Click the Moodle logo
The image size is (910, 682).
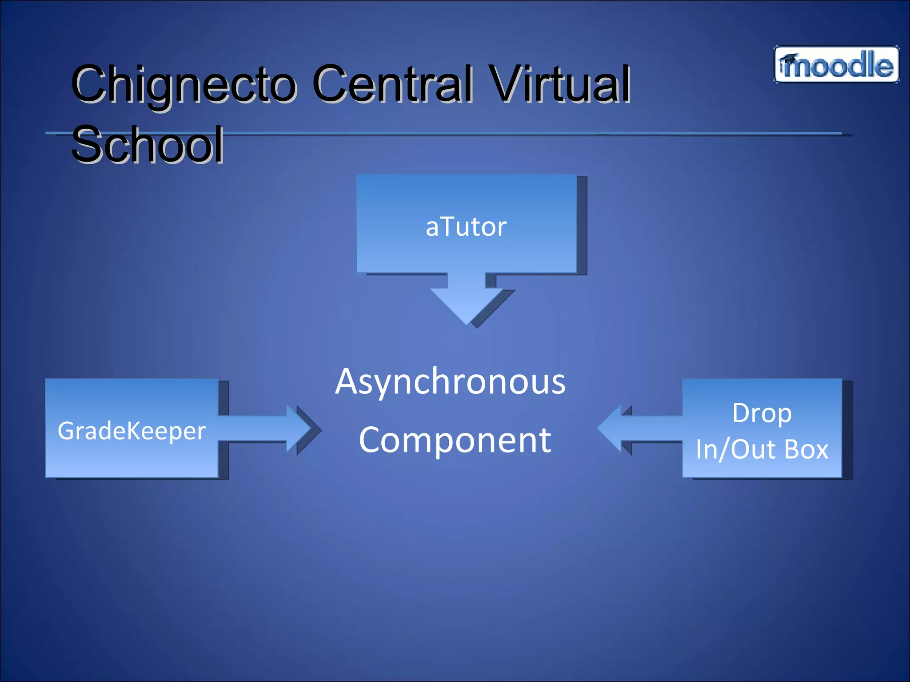836,65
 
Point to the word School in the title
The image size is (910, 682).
148,144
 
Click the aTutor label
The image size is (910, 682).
466,227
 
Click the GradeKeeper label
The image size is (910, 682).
132,431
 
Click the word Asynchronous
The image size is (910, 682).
450,381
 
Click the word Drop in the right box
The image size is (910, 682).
762,413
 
